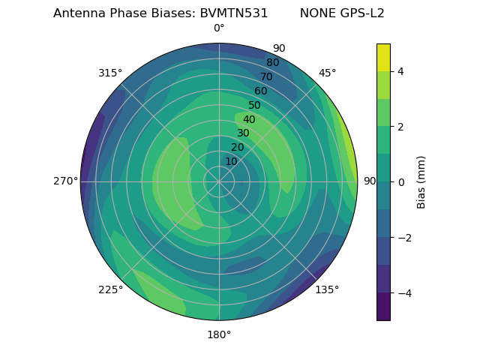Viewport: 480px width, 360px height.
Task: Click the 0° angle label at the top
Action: (219, 28)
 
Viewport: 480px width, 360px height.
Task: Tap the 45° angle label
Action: (327, 73)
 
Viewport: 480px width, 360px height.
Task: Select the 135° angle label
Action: (327, 289)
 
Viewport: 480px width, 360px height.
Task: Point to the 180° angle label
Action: (219, 334)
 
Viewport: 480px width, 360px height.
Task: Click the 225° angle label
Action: (110, 290)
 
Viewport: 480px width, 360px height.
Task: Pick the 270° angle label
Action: (66, 181)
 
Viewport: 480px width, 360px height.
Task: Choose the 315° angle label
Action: (110, 73)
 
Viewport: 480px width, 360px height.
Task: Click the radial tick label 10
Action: (231, 161)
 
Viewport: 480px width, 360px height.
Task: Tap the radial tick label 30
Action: (243, 133)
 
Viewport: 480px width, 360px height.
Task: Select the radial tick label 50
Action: (255, 105)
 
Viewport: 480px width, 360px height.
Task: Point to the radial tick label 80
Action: (272, 62)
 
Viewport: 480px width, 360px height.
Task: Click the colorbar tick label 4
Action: (400, 71)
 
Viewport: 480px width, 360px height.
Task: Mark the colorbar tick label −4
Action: (403, 292)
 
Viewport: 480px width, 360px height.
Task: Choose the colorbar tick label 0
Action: (400, 181)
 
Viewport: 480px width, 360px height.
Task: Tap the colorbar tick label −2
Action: (403, 237)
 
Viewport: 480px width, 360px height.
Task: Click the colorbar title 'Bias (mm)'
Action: (421, 181)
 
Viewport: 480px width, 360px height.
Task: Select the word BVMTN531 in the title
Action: (233, 13)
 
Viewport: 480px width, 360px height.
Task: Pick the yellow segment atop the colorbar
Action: (383, 57)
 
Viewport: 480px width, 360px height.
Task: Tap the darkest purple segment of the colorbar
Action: (383, 306)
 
